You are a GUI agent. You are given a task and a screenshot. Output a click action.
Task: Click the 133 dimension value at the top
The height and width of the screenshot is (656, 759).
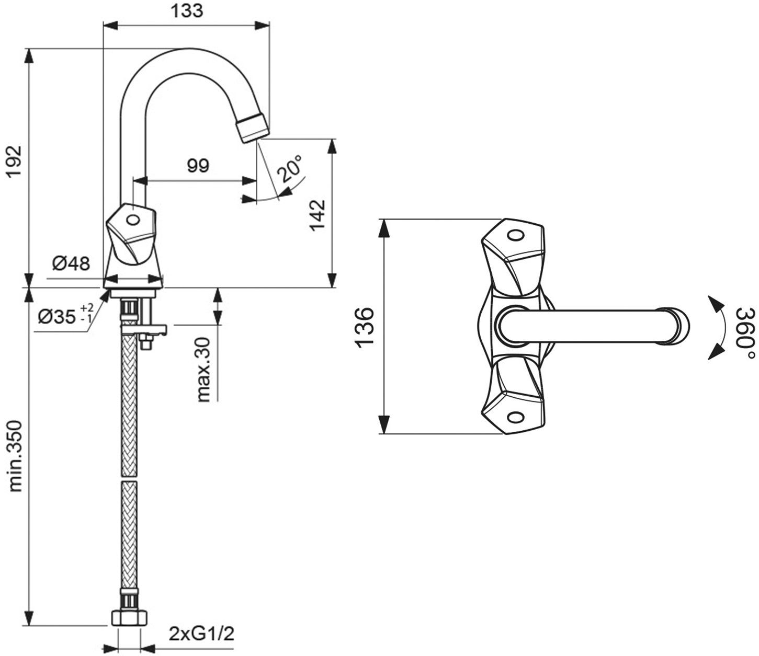[187, 11]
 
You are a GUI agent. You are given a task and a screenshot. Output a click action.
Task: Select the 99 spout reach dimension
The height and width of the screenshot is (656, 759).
[198, 165]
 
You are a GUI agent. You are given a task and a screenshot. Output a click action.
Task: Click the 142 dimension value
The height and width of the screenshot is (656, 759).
[316, 214]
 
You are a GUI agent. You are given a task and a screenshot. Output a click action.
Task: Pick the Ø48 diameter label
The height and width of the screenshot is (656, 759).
[71, 263]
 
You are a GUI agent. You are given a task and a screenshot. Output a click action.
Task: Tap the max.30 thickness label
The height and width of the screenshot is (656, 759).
[203, 369]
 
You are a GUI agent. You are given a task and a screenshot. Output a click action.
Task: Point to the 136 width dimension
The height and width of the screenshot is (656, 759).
[365, 326]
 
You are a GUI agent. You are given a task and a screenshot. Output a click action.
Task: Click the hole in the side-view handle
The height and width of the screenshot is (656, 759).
[133, 220]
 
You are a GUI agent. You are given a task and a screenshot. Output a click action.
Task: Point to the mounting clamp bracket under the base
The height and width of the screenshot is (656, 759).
[143, 329]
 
